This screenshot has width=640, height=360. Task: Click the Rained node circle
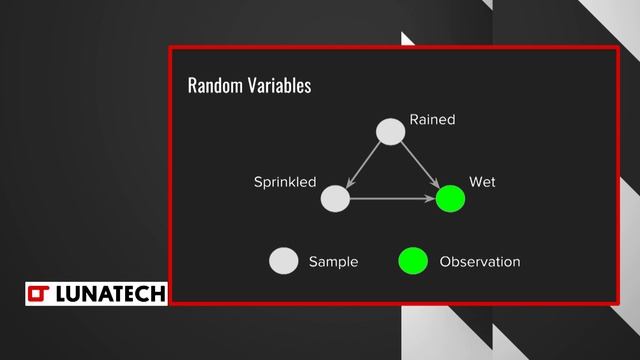390,131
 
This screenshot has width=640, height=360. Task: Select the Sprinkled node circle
335,199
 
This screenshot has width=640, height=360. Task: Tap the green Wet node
451,199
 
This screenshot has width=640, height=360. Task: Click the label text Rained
432,120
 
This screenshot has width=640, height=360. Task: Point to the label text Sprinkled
285,182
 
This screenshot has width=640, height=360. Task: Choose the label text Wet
482,182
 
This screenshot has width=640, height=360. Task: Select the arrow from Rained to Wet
419,164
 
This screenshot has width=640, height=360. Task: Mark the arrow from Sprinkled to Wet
392,199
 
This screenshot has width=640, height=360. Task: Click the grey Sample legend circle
284,261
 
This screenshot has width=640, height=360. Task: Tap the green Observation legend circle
413,261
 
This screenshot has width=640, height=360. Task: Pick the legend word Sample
333,262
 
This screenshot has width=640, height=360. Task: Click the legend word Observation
480,262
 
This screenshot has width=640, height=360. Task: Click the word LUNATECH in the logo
110,293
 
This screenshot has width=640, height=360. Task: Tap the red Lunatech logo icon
39,293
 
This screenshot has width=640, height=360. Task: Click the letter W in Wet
475,182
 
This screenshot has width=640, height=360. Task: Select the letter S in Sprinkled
257,182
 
